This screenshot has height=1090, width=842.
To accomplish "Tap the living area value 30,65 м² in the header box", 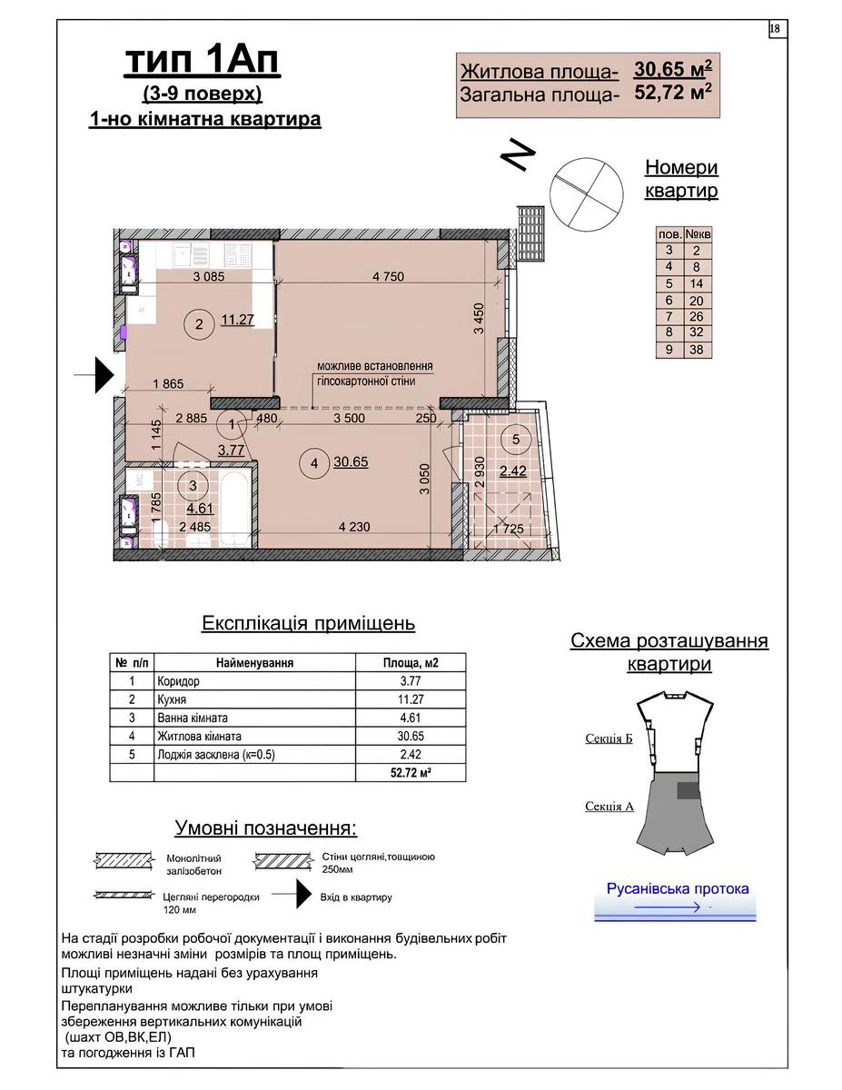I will [672, 70].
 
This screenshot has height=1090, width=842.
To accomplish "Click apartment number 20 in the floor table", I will [697, 300].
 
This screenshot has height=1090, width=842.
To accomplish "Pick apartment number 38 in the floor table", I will [697, 350].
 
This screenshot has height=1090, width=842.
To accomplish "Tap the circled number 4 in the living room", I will [312, 463].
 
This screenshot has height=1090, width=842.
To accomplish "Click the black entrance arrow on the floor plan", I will [102, 372].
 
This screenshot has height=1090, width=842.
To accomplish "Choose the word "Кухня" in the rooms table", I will [172, 699].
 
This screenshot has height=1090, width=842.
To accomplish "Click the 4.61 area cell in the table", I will [411, 718].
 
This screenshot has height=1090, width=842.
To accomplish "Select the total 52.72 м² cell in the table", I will [411, 772].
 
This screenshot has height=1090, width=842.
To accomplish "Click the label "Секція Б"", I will [609, 738].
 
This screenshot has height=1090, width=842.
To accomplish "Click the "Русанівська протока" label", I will [677, 888].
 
